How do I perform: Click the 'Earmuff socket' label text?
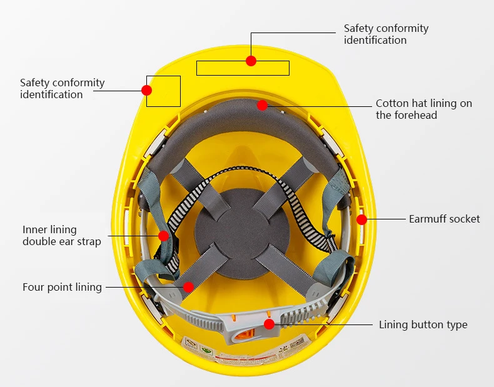444,219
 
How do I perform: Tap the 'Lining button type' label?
423,324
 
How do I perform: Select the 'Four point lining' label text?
62,288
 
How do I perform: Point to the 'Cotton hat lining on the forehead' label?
423,109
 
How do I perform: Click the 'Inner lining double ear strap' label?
61,236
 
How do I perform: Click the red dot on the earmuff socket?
362,219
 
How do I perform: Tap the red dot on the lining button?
269,324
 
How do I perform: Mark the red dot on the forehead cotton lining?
262,106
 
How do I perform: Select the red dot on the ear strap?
164,236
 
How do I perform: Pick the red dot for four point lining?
188,287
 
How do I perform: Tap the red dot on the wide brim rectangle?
251,61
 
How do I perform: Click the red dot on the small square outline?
147,90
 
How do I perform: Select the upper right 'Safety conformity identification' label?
386,34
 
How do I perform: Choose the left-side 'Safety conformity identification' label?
62,89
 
